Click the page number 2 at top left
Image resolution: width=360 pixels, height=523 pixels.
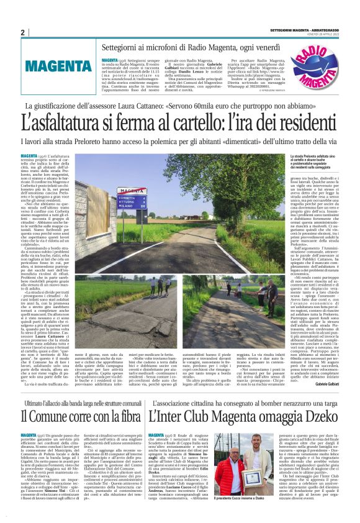pos(22,32)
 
